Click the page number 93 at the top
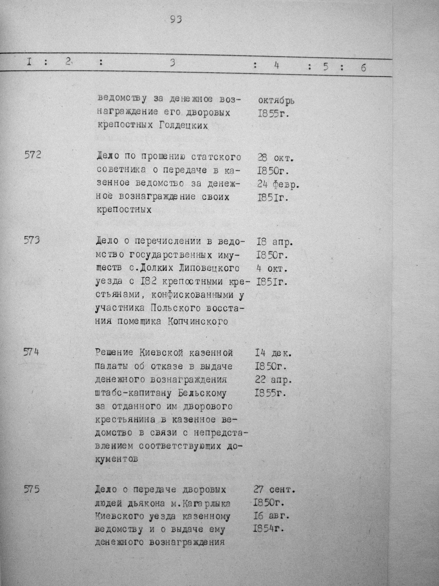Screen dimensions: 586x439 [176, 20]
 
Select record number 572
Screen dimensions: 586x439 [33, 155]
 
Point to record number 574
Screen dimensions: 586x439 [31, 352]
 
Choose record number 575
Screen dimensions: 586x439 [31, 489]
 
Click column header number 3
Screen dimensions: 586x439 [173, 63]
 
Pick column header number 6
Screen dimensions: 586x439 [363, 68]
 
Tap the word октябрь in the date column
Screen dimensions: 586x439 [276, 101]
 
